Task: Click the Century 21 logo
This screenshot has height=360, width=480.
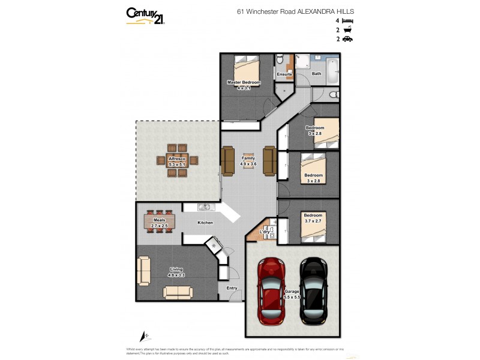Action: tap(145, 16)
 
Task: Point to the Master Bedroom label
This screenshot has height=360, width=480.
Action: tap(243, 82)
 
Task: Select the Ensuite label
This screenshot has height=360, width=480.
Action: tap(284, 74)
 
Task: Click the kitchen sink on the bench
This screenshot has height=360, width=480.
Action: tap(204, 208)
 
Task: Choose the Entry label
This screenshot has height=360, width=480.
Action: tap(232, 288)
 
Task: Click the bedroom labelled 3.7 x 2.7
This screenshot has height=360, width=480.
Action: tap(313, 218)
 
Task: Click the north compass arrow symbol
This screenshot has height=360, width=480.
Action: tap(143, 337)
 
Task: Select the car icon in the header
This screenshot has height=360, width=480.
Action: tap(348, 39)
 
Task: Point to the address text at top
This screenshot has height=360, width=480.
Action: tap(295, 11)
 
